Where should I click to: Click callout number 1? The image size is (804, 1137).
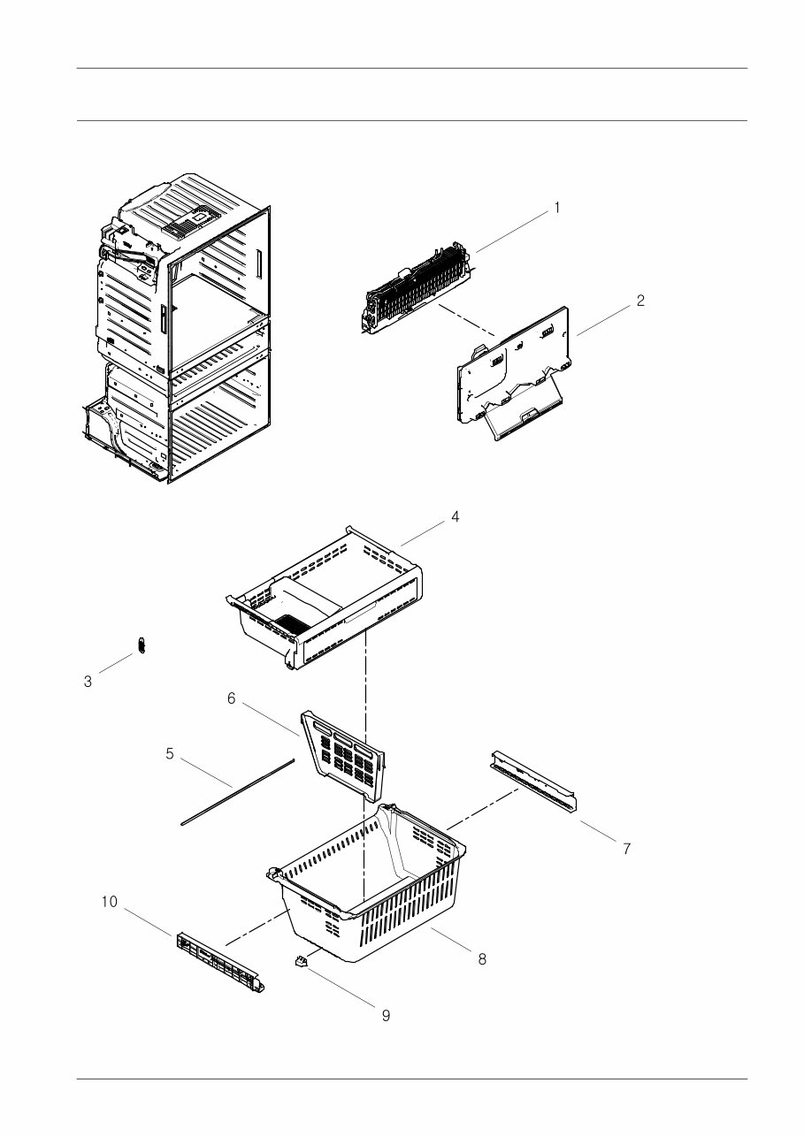click(x=556, y=208)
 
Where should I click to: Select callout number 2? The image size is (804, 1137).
click(x=639, y=301)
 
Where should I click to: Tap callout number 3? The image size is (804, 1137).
click(x=88, y=682)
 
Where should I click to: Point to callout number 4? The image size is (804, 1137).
click(x=455, y=516)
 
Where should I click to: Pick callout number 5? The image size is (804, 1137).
click(x=170, y=753)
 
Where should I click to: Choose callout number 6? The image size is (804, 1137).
click(x=231, y=698)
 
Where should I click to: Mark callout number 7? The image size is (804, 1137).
click(x=626, y=849)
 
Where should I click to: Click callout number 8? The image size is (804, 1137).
click(x=482, y=959)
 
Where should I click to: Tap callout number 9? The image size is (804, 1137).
click(x=386, y=1016)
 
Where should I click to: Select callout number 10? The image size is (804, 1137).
click(x=109, y=902)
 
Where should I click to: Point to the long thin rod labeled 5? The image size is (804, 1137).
click(x=237, y=790)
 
